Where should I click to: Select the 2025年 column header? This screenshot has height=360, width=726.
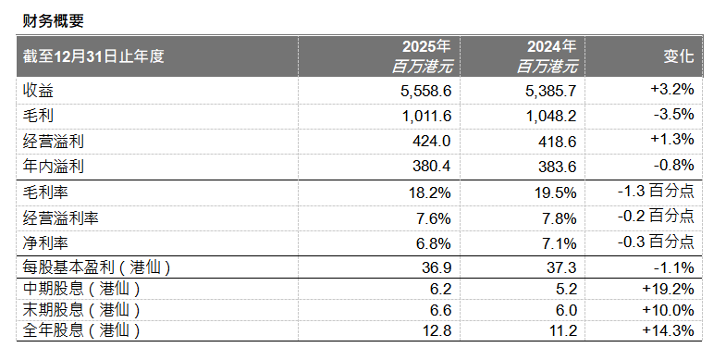pyautogui.click(x=425, y=46)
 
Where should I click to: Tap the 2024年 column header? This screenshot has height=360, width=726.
pyautogui.click(x=551, y=46)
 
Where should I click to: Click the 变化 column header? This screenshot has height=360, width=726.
pyautogui.click(x=678, y=56)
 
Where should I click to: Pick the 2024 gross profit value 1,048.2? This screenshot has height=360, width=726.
pyautogui.click(x=550, y=115)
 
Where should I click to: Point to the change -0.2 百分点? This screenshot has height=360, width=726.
pyautogui.click(x=656, y=218)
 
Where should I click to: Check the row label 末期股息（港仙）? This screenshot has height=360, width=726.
pyautogui.click(x=81, y=309)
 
